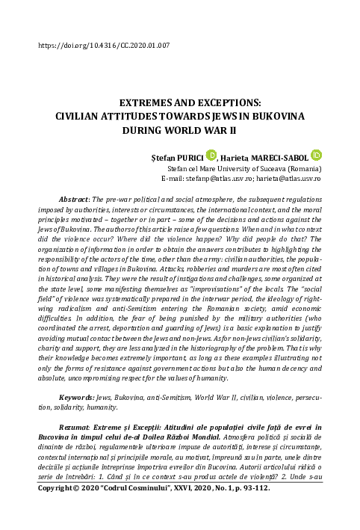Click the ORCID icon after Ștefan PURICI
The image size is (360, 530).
pyautogui.click(x=211, y=155)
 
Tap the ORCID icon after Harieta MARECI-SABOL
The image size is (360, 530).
pyautogui.click(x=316, y=155)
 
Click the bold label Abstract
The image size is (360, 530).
pyautogui.click(x=75, y=200)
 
